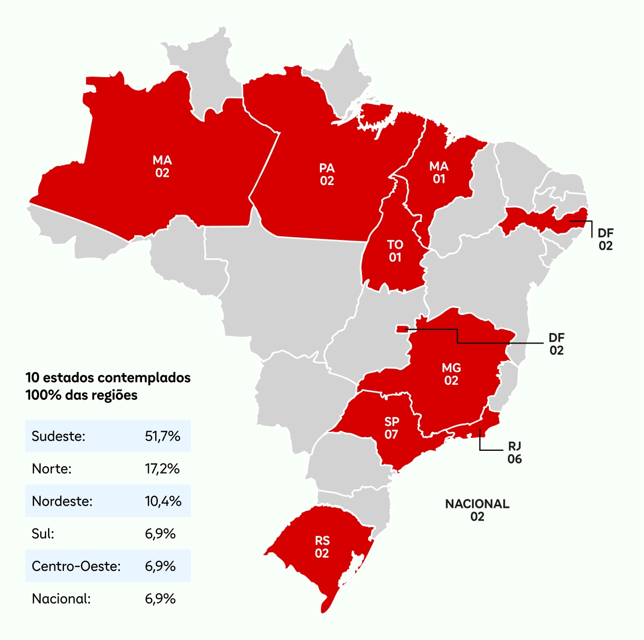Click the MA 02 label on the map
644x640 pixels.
pos(162,166)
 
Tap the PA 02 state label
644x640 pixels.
pos(327,174)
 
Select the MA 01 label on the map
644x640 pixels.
pos(439,173)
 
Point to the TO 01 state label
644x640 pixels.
pos(395,251)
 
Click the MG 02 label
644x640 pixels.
pos(451,374)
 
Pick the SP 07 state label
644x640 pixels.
pos(391,428)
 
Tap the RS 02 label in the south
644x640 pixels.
pos(322,547)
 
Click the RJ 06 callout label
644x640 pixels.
pos(515,453)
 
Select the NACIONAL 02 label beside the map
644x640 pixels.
pos(477,510)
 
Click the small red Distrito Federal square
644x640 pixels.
pos(402,329)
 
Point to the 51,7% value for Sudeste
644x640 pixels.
pos(163,437)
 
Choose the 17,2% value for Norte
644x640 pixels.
pos(162,469)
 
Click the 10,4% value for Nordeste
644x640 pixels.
pos(163,501)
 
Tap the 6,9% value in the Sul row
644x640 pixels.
pos(160,534)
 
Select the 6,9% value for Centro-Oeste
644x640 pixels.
pos(160,566)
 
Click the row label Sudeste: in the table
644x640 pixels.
pos(59,437)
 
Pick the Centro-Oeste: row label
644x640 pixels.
pos(77,566)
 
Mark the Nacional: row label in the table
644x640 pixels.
pos(61,599)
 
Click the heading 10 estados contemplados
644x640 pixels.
pos(108,378)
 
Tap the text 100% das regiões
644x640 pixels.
pos(81,395)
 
